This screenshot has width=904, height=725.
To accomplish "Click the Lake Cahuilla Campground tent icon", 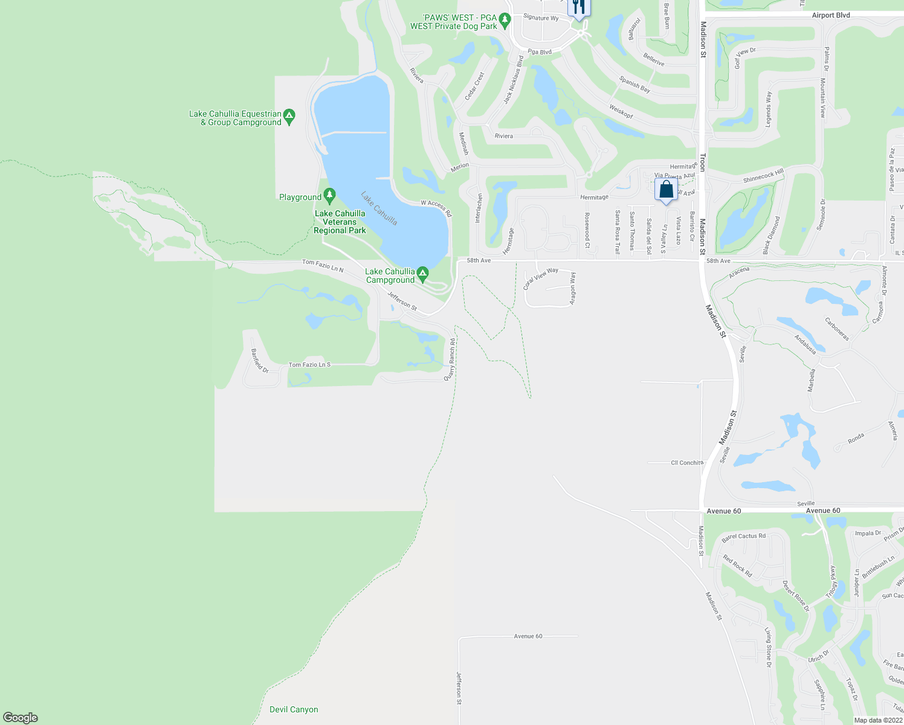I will point(423,274).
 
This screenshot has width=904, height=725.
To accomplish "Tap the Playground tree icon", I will point(329,196).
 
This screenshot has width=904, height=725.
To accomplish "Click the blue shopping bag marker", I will point(666,190).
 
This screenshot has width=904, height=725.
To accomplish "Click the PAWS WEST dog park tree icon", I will point(505,21).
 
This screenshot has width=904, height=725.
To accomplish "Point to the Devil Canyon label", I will point(294,709).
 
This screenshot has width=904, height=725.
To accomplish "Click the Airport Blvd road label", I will point(831,15).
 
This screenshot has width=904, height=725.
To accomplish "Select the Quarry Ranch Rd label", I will point(450,359).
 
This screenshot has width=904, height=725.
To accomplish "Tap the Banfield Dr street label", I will point(260,361).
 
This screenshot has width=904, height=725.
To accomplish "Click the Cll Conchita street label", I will point(687,463).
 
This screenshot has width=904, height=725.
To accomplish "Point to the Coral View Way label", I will point(541,278).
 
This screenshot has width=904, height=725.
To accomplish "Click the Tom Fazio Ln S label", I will point(309,364).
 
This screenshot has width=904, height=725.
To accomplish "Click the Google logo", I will point(21,717).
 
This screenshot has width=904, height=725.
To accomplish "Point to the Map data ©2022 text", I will point(878,720).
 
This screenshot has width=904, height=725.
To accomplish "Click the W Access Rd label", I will point(436,208).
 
